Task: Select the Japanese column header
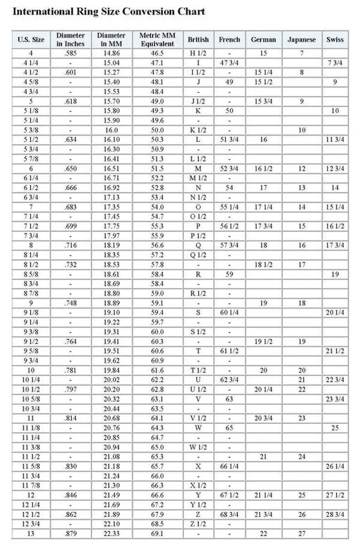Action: (x=302, y=39)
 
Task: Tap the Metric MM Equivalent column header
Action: (x=157, y=39)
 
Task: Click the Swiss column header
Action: (x=335, y=39)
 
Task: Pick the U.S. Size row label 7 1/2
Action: (x=31, y=226)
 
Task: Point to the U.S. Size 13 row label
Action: (x=31, y=534)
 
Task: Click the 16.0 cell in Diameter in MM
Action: (x=112, y=130)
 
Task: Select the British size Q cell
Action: (x=198, y=245)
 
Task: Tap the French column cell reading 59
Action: (x=229, y=274)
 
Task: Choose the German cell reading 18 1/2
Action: (x=263, y=265)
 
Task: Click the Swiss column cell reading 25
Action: (x=335, y=428)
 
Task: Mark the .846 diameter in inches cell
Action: (x=70, y=495)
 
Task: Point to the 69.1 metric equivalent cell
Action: (x=157, y=534)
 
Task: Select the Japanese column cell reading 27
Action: (x=302, y=534)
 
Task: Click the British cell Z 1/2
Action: (x=198, y=524)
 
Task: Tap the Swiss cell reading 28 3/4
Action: (x=335, y=515)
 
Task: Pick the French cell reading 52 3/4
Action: (x=229, y=169)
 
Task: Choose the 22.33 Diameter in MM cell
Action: (x=112, y=534)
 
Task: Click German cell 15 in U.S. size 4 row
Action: (x=263, y=53)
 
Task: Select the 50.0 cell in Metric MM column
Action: (x=157, y=130)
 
